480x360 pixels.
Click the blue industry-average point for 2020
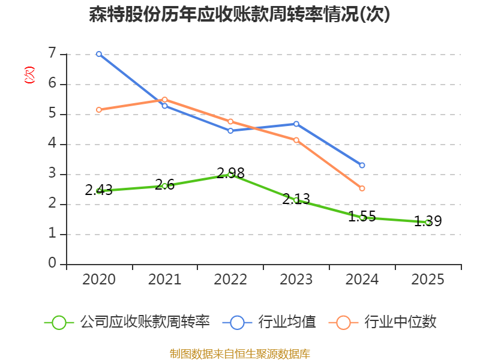pyautogui.click(x=99, y=54)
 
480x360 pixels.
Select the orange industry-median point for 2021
pyautogui.click(x=164, y=100)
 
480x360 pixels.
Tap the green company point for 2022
pyautogui.click(x=230, y=175)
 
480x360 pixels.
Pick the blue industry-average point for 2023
pyautogui.click(x=296, y=124)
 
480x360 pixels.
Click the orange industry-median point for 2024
pyautogui.click(x=362, y=188)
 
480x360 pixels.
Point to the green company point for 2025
pyautogui.click(x=428, y=222)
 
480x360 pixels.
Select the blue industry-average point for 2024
pyautogui.click(x=362, y=165)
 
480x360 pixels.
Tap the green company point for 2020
pyautogui.click(x=99, y=191)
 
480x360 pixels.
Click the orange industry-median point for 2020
pyautogui.click(x=99, y=110)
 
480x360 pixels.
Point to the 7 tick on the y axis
pyautogui.click(x=52, y=54)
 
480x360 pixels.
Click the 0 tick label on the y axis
pyautogui.click(x=52, y=263)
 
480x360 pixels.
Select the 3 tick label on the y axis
pyautogui.click(x=52, y=174)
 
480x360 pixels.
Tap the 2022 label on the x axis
pyautogui.click(x=230, y=280)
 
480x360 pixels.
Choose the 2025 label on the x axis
pyautogui.click(x=428, y=280)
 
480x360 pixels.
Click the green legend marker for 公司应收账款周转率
pyautogui.click(x=59, y=322)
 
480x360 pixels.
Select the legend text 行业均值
pyautogui.click(x=287, y=322)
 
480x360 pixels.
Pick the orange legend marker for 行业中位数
pyautogui.click(x=343, y=322)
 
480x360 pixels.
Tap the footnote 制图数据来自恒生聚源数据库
pyautogui.click(x=240, y=353)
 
